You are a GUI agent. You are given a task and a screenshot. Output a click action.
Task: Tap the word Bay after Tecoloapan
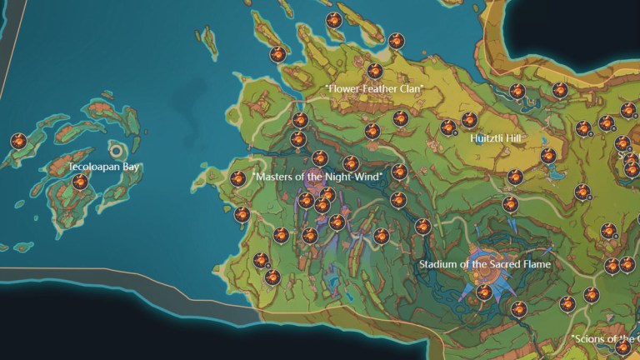click(131, 167)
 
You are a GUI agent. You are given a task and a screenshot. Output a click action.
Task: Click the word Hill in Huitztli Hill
click(520, 137)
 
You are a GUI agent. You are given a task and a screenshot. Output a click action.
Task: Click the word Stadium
click(438, 265)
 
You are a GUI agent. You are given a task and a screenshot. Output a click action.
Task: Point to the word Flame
click(535, 265)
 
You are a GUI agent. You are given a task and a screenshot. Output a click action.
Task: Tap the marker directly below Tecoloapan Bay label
click(80, 182)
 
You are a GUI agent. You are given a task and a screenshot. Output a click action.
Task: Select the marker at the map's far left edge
click(18, 142)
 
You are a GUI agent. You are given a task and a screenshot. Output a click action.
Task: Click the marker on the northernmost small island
click(334, 20)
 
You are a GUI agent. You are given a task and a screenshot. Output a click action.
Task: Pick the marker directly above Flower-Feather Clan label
click(375, 71)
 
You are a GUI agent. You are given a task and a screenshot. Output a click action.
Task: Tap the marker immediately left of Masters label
click(238, 177)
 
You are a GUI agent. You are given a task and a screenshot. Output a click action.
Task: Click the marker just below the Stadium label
click(484, 292)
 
